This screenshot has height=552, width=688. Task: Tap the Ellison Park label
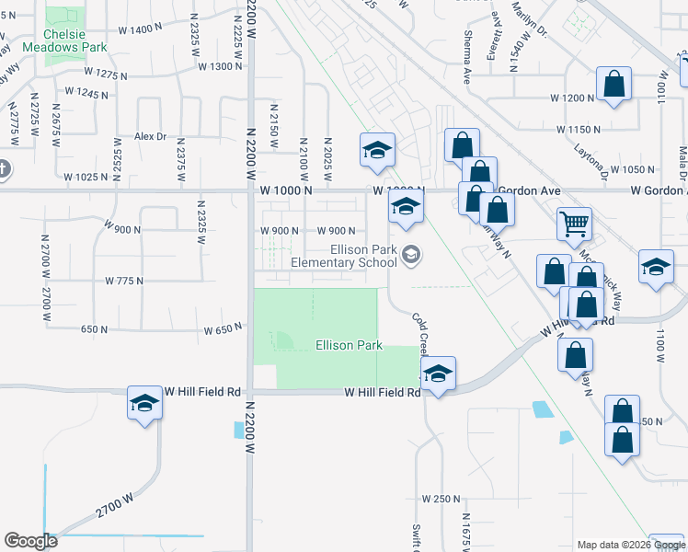point(349,346)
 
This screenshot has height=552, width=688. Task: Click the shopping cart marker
point(574,222)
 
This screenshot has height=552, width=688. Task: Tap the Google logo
point(30,541)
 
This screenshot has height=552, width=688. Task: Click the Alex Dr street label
point(150,136)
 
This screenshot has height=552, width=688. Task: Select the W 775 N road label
point(124,280)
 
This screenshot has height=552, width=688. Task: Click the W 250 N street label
point(441,498)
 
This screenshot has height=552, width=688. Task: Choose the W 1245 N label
point(87,93)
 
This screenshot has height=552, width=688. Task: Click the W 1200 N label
point(573,98)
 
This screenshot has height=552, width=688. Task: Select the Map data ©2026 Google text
point(631,545)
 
